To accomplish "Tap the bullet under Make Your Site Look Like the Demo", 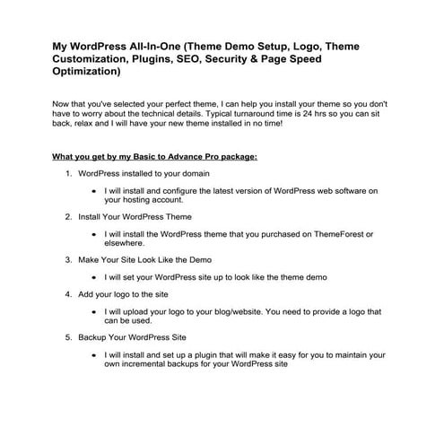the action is click(96, 277).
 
